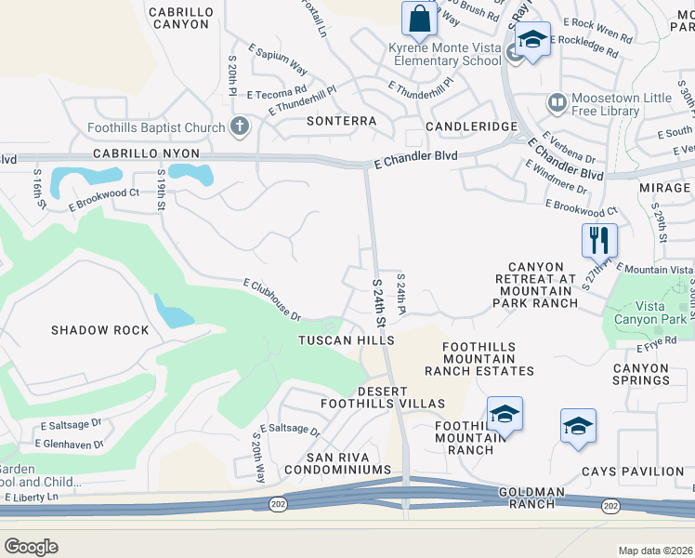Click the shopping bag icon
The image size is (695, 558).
419,19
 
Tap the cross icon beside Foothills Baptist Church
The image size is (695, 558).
240,127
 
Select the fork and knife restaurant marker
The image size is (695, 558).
599,241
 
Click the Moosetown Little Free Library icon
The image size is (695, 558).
557,100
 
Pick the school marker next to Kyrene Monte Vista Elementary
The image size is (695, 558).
532,41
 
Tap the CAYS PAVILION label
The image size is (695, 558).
632,472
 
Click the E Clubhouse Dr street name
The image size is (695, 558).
272,299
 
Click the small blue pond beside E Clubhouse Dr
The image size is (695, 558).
173,312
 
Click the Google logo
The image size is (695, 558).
32,547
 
